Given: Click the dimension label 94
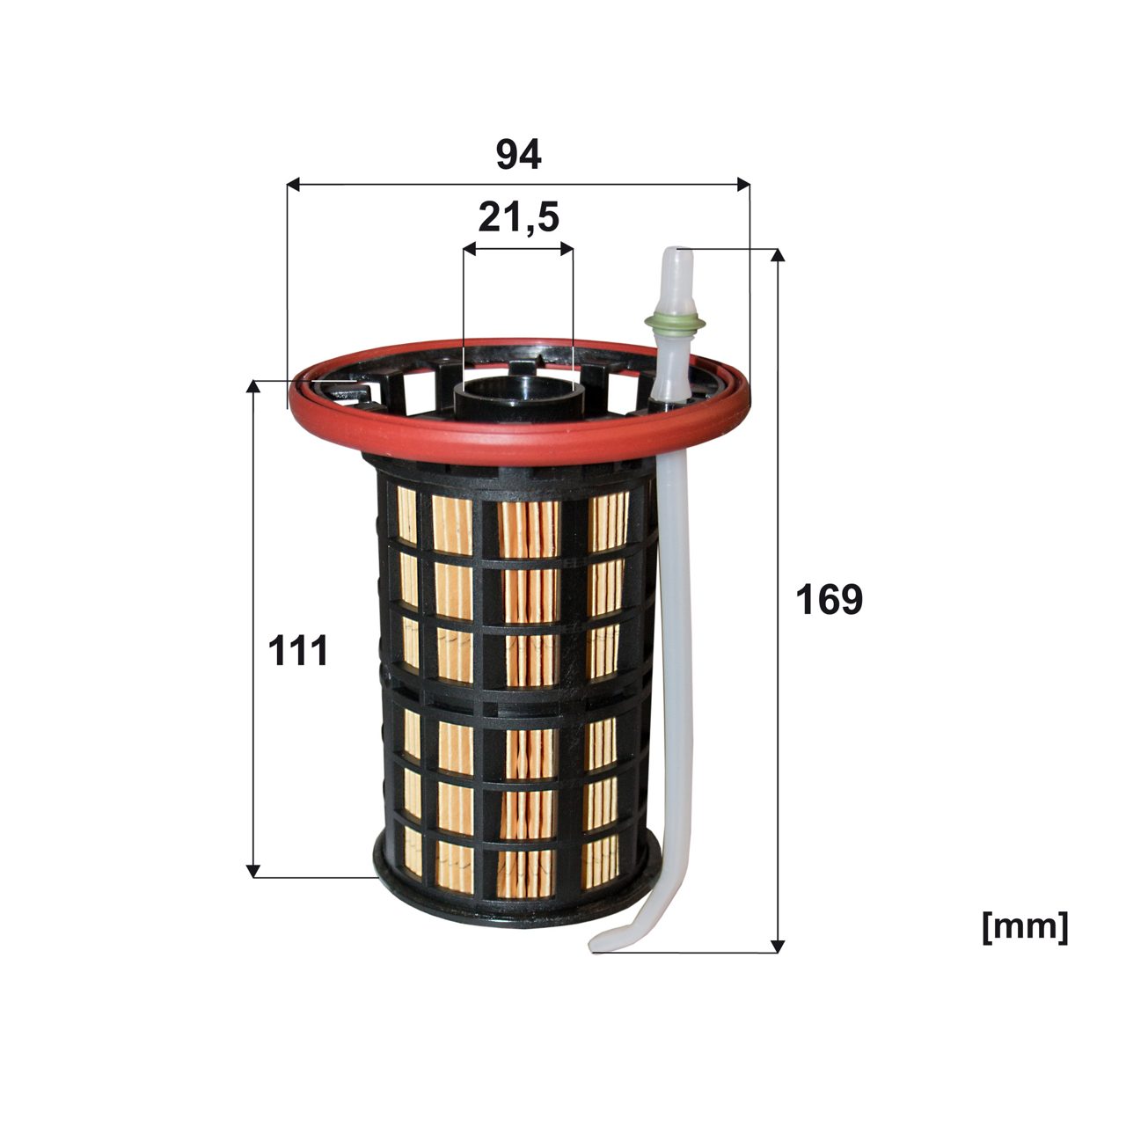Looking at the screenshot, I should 518,155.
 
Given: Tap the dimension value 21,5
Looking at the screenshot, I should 518,218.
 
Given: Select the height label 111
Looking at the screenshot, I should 297,652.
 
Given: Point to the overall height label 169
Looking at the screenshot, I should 829,600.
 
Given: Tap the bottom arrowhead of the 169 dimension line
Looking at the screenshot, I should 776,946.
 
